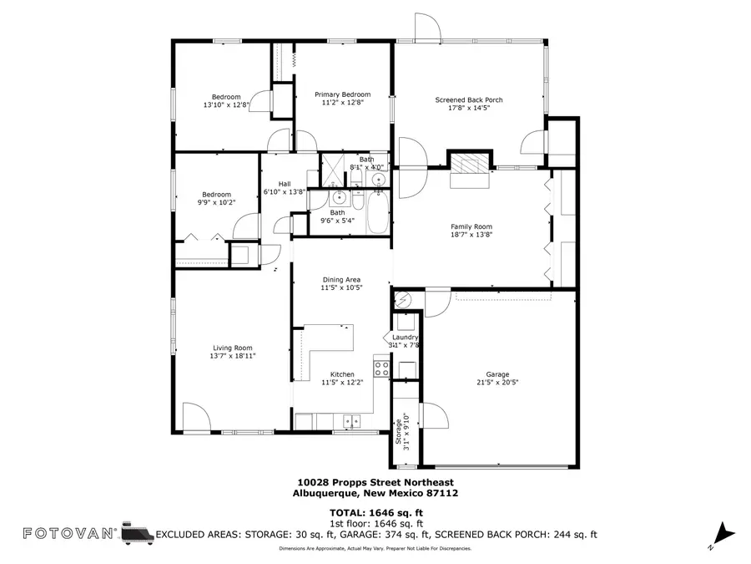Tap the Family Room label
point(471,226)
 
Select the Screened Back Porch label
point(468,100)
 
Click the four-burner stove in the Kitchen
point(381,367)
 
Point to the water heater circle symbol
point(402,299)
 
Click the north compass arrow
point(723,532)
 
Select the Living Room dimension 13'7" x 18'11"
point(232,356)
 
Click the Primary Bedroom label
point(342,94)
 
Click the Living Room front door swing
point(194,415)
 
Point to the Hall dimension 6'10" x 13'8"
point(285,192)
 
